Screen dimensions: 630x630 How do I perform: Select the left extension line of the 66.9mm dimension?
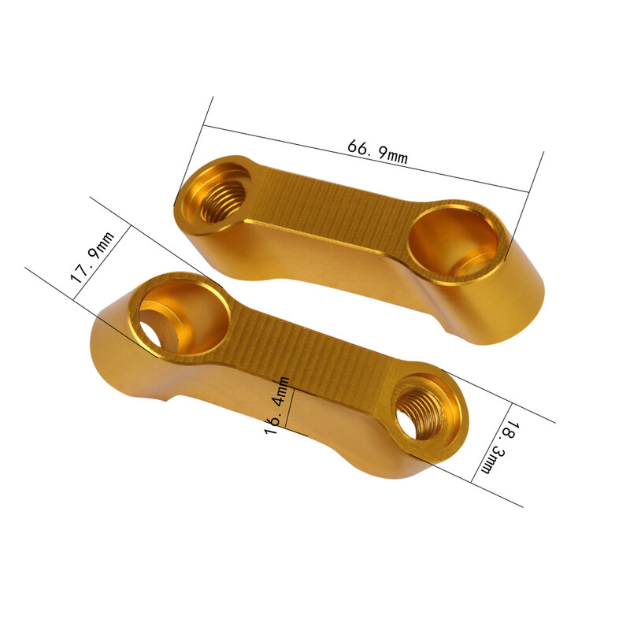coord(194,150)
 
